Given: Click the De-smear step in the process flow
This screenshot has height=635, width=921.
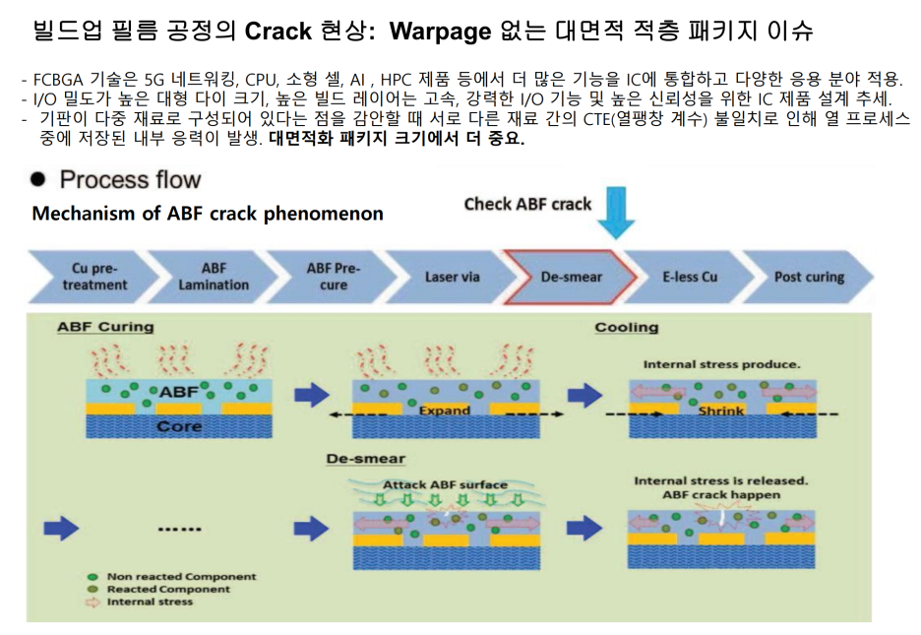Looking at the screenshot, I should click(571, 278).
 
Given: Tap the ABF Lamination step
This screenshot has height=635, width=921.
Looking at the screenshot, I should click(214, 277).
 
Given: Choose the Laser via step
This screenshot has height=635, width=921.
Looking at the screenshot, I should click(452, 278).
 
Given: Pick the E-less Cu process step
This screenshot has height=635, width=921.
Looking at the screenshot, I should click(689, 278).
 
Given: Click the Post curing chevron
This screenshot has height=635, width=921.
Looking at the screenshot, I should click(809, 278).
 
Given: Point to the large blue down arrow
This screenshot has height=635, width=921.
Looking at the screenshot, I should click(617, 211).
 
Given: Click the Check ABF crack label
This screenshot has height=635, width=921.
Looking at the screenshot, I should click(527, 205).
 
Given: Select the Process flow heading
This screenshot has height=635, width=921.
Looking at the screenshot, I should click(130, 180).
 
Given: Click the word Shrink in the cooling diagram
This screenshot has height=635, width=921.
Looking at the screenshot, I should click(721, 410).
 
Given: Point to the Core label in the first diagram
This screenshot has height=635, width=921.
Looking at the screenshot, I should click(180, 426).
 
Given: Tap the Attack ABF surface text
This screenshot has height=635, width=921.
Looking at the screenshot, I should click(445, 484).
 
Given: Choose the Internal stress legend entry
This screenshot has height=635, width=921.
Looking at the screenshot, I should click(150, 602).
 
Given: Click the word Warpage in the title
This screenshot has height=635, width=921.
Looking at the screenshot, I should click(439, 31).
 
